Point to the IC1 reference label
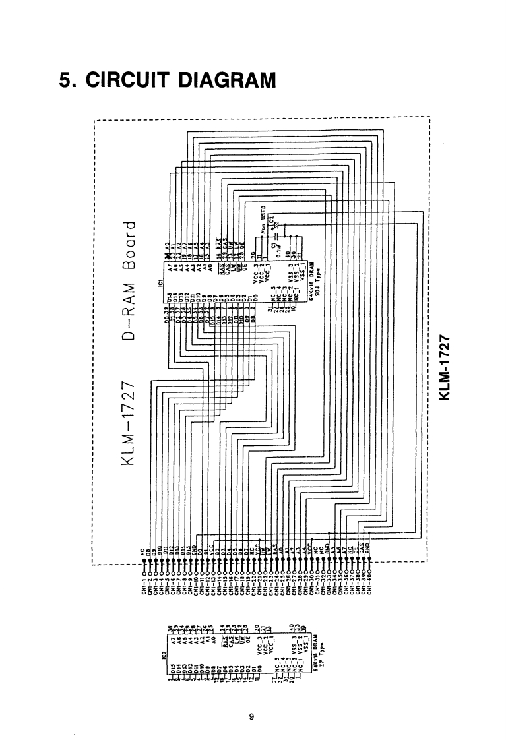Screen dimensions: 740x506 pos(160,285)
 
